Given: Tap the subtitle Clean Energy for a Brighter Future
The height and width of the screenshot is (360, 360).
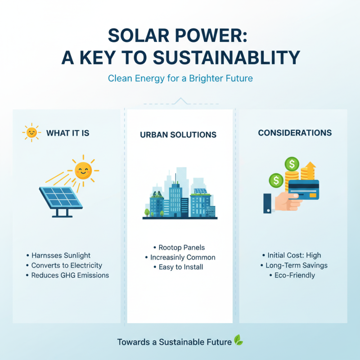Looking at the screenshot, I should click(180, 78).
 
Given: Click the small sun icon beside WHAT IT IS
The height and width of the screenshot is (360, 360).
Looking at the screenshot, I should click(31, 133).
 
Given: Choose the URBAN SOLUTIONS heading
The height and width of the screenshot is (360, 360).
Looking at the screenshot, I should click(178, 135).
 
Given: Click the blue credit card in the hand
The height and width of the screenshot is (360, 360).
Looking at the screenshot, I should click(303, 191).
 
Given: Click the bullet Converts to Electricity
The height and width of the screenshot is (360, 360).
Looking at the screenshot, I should click(67, 265).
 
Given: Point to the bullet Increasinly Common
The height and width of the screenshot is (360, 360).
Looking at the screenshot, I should click(180, 257).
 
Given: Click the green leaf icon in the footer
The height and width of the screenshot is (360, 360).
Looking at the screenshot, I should click(238, 341).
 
